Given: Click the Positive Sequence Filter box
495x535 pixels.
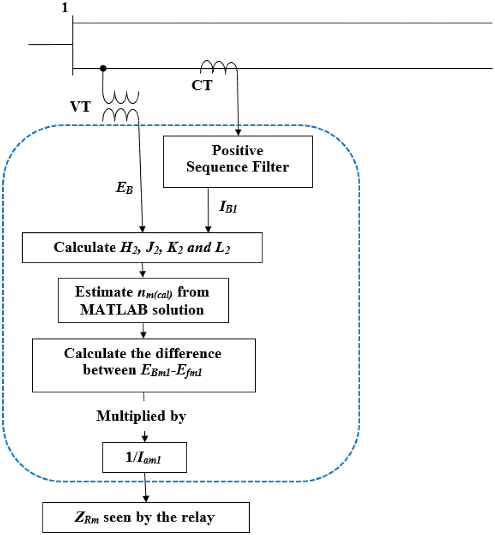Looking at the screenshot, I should pos(238,161).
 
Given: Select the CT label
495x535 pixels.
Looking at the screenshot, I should pos(202,85).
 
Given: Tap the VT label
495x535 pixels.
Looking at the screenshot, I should pos(80,107).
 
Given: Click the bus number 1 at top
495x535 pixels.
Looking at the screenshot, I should pos(65,8).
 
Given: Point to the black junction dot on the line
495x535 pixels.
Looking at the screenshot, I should pos(103,68).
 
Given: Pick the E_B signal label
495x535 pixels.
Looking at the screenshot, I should pos(124,188).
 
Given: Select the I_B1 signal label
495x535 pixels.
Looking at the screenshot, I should pos(228,207).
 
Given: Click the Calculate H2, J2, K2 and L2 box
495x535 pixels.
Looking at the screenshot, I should pos(142,247).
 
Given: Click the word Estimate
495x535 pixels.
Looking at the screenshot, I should pos(104,292).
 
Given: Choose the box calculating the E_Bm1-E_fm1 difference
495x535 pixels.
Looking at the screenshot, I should pos(144,365).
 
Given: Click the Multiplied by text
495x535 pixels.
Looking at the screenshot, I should pos(141,416).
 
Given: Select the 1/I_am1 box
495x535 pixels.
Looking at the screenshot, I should pos(144,457).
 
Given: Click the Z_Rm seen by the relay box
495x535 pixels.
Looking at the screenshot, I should pos(146,517).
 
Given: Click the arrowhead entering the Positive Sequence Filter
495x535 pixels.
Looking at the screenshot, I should pos(238,132).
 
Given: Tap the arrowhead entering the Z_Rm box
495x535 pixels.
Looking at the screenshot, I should pos(146,498).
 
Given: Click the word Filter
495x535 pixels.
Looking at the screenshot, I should pos(272,167).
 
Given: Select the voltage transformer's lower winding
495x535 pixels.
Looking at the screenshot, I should pos(121,116).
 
